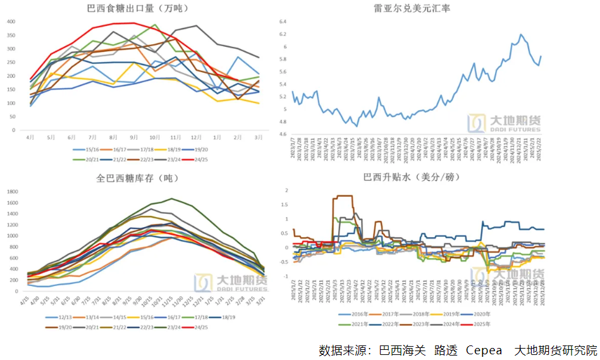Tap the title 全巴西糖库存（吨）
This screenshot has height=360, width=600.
pos(137,178)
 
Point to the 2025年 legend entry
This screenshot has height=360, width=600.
pos(478,324)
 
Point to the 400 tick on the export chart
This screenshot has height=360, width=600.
pos(11,21)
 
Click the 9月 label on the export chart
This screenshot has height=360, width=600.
pos(133,137)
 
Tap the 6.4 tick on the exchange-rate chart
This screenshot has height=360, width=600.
pos(283,22)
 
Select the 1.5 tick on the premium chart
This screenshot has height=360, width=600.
pos(286,204)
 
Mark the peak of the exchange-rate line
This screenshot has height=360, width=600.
pos(521,34)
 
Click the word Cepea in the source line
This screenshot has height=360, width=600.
pos(484,350)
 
